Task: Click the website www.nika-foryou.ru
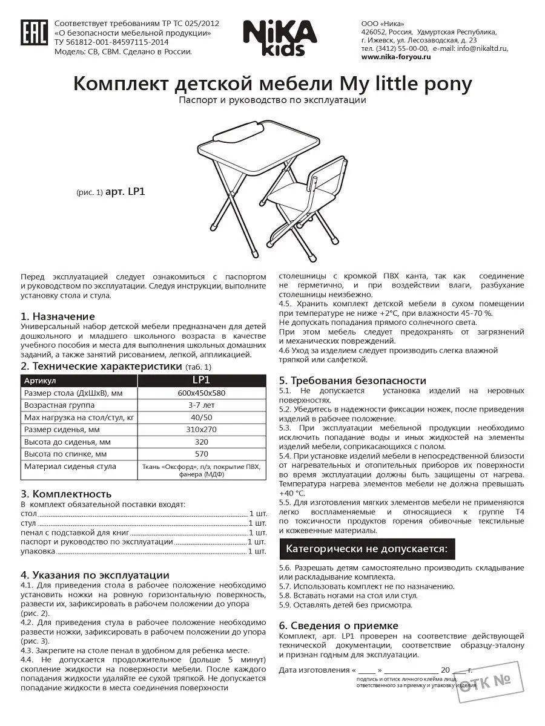[395, 57]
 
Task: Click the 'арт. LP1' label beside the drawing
[125, 192]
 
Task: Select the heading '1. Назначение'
[58, 316]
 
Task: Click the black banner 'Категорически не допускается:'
[366, 549]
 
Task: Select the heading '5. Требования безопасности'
[352, 381]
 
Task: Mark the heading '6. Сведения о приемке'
[339, 626]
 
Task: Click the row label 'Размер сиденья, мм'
[61, 430]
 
